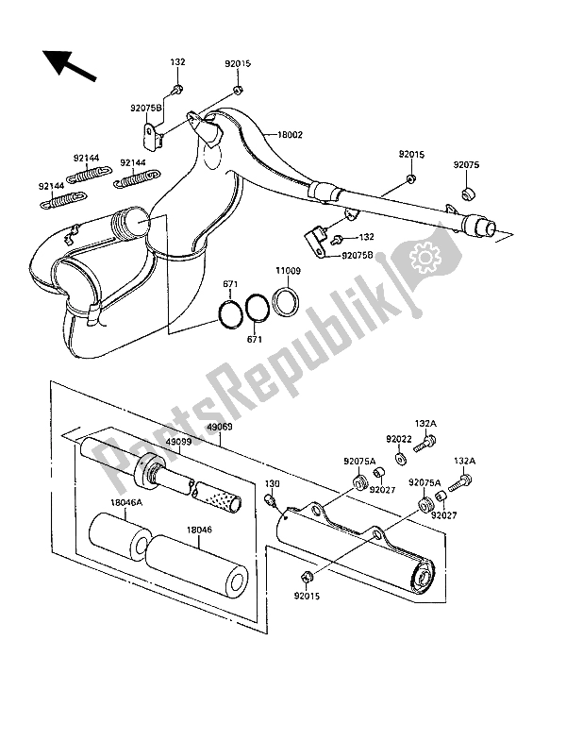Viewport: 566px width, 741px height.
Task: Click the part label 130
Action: coord(272,483)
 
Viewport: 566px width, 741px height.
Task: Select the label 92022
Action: coord(398,439)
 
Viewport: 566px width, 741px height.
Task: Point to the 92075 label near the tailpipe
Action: coord(466,164)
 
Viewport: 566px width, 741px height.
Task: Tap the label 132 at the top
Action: coord(177,62)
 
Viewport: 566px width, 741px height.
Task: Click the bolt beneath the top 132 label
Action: coord(177,90)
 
